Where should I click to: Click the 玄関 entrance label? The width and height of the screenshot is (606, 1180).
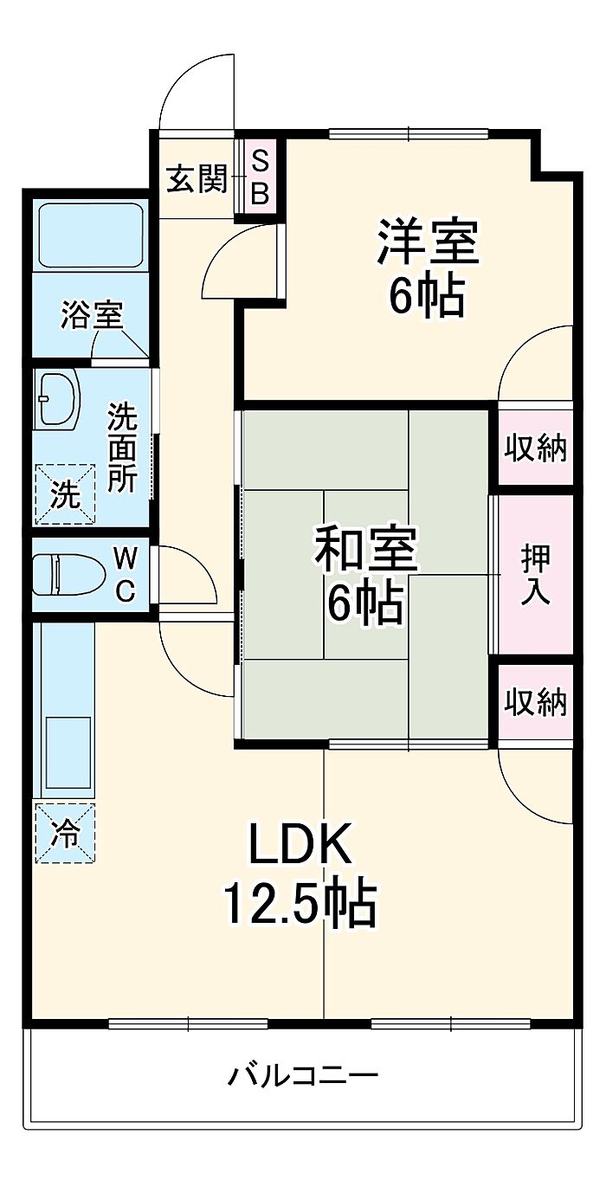click(196, 180)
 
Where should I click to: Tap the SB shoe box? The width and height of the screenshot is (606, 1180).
click(259, 177)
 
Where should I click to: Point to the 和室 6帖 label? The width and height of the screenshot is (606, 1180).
click(364, 578)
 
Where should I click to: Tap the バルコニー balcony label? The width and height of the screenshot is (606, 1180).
click(303, 1076)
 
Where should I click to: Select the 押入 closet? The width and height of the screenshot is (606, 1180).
click(534, 575)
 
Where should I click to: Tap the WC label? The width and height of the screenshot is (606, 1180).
click(126, 574)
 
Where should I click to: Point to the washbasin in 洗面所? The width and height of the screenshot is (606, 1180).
click(57, 399)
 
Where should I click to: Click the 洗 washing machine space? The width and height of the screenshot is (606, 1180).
click(63, 494)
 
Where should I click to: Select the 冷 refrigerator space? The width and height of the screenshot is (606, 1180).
click(64, 833)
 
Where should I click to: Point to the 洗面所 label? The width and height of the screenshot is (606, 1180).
click(122, 448)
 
